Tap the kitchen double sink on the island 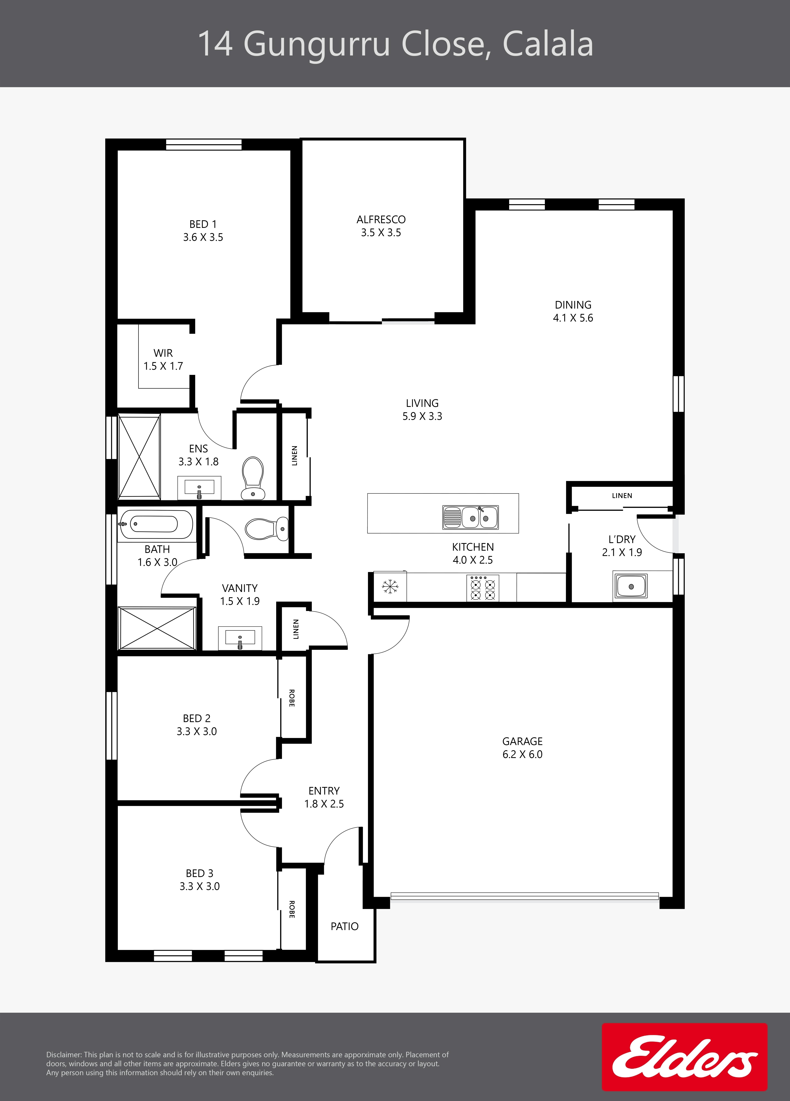pyautogui.click(x=470, y=517)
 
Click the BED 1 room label pyautogui.click(x=203, y=224)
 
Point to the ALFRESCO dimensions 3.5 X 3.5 pyautogui.click(x=381, y=233)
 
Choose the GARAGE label pyautogui.click(x=522, y=741)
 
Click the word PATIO pyautogui.click(x=344, y=926)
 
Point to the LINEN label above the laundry pyautogui.click(x=622, y=496)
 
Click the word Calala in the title pyautogui.click(x=548, y=44)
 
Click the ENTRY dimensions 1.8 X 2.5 pyautogui.click(x=324, y=804)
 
